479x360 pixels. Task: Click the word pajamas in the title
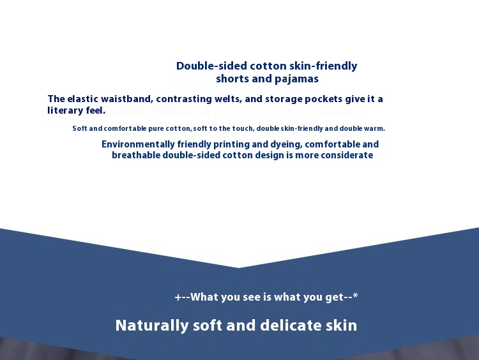pos(296,79)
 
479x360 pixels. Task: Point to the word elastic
pos(82,99)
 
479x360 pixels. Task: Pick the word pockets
pos(324,100)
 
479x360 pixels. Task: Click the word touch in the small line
pos(243,128)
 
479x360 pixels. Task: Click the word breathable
pos(136,155)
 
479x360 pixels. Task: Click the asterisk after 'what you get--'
pos(355,296)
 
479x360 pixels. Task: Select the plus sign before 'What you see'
pos(178,297)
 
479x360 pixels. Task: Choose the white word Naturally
pos(152,326)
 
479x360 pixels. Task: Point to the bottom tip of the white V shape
pos(239,268)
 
